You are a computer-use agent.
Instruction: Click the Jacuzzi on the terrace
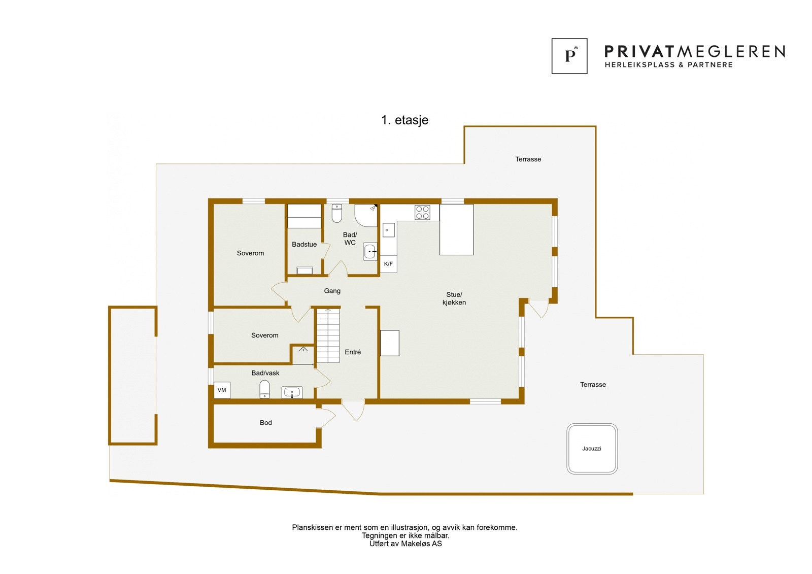click(592, 449)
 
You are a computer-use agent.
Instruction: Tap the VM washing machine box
click(222, 390)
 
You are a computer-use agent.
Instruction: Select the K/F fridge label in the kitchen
click(388, 264)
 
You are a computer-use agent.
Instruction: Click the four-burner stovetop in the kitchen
click(422, 212)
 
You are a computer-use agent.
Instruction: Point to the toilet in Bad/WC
click(337, 214)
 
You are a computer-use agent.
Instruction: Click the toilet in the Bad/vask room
click(264, 389)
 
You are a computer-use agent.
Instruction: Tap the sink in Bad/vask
click(292, 392)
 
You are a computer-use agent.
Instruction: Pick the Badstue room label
click(304, 245)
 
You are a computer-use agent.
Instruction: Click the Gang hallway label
click(332, 291)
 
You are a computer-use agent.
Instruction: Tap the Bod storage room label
click(265, 423)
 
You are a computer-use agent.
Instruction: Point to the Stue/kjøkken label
click(454, 298)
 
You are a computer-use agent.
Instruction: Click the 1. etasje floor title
click(404, 120)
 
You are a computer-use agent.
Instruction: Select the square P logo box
click(569, 56)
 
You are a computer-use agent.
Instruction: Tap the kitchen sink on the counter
click(388, 230)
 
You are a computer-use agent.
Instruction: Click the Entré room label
click(353, 352)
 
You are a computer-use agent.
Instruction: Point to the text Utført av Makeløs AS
click(405, 544)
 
